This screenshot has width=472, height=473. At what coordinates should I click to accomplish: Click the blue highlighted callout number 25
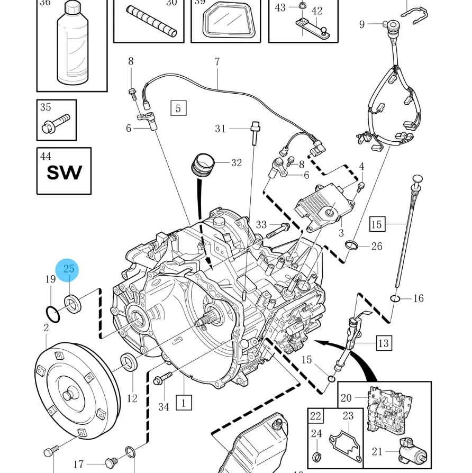pos(69,269)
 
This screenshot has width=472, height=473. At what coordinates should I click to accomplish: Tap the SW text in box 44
pos(65,172)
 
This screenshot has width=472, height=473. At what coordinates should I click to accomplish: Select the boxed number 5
pos(178,108)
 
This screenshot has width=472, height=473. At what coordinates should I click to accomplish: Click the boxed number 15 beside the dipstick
pos(376,224)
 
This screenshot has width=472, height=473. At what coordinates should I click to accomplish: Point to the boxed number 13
pos(384,343)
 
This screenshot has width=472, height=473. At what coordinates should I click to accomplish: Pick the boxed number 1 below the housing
pos(184,403)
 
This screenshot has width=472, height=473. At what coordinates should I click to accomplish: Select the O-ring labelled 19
pos(52,314)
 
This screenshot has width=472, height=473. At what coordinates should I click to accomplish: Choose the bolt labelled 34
pos(162,379)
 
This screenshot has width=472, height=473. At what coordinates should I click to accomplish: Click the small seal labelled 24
pos(317,456)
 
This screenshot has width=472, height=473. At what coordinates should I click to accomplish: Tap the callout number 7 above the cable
pos(217,62)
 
